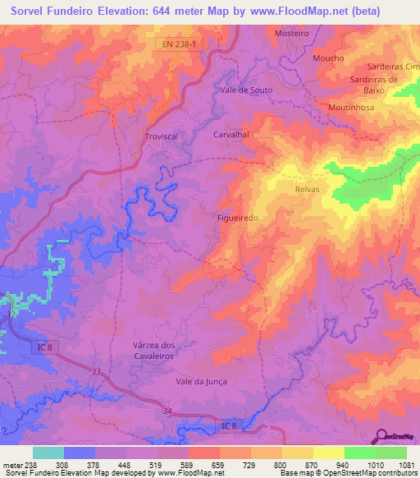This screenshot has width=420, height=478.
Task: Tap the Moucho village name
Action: coord(328,58)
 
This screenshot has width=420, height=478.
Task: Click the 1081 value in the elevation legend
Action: coord(407,464)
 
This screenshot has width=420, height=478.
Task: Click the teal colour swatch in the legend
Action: coord(48,453)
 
